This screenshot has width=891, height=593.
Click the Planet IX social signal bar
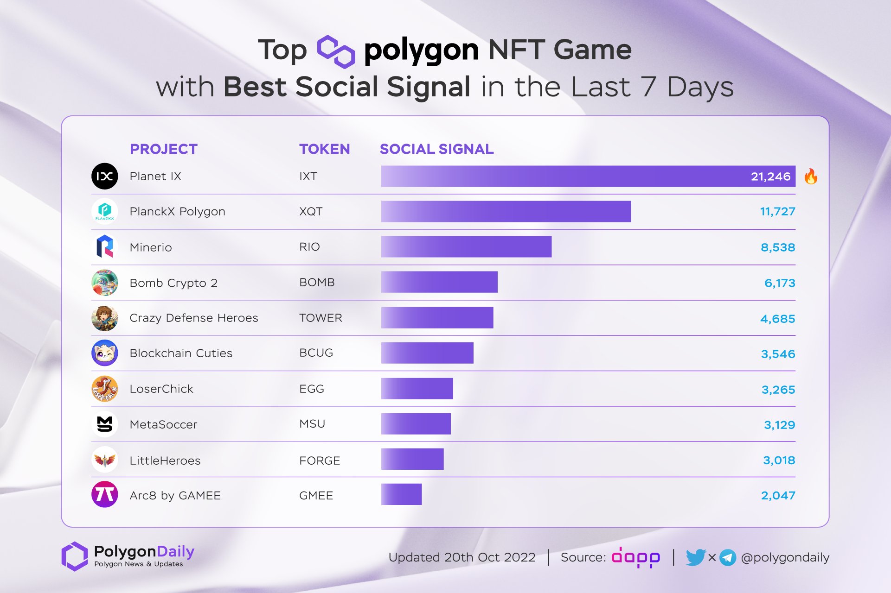coord(588,177)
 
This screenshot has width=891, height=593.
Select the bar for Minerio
coord(466,247)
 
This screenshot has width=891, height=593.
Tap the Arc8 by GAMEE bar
coord(401,494)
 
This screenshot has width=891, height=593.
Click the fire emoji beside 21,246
coord(811,177)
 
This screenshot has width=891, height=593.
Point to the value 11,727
coord(777,212)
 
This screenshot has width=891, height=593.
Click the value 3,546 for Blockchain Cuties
coord(778,354)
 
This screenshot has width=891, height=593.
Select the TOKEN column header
coord(324,149)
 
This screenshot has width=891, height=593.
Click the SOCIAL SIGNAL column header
coord(436,149)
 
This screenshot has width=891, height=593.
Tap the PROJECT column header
coord(163,149)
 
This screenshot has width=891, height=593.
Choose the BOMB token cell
coord(317,283)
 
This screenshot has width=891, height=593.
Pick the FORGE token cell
coord(320,461)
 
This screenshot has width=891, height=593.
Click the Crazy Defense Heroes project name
coord(193,318)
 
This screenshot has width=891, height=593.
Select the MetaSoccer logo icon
coord(105,424)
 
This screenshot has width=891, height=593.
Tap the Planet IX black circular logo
coord(105,177)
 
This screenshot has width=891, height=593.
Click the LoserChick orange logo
coord(105,389)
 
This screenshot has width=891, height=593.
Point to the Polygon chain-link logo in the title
coord(336,51)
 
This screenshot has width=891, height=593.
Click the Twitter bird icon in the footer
coord(695,557)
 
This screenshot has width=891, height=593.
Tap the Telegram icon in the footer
coord(728,557)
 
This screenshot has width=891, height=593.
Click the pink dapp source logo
coord(635,557)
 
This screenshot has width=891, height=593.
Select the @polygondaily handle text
coord(785,557)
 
